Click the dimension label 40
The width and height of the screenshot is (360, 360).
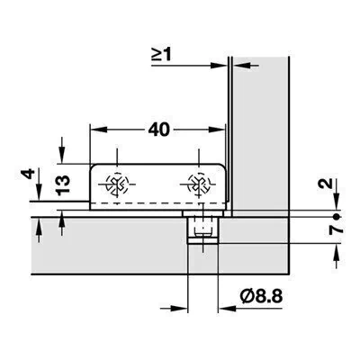pyautogui.click(x=159, y=130)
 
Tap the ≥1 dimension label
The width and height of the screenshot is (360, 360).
pyautogui.click(x=161, y=54)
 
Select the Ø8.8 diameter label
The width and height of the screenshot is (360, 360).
pyautogui.click(x=261, y=297)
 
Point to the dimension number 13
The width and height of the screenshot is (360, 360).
pyautogui.click(x=63, y=185)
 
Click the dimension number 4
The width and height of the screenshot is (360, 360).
pyautogui.click(x=29, y=174)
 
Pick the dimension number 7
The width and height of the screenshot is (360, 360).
pyautogui.click(x=337, y=229)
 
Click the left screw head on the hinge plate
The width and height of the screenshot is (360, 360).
pyautogui.click(x=117, y=184)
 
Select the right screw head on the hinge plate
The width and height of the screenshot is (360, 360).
pyautogui.click(x=198, y=184)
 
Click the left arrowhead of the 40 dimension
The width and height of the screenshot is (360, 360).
pyautogui.click(x=98, y=130)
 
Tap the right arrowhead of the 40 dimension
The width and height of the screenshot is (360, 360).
pyautogui.click(x=217, y=130)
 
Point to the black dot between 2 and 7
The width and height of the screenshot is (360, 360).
pyautogui.click(x=337, y=216)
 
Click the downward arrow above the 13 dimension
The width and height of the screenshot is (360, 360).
pyautogui.click(x=61, y=150)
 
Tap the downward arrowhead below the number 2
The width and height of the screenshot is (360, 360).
pyautogui.click(x=337, y=201)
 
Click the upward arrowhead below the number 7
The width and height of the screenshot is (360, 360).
pyautogui.click(x=337, y=252)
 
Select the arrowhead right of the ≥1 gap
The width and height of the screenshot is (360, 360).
pyautogui.click(x=241, y=65)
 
